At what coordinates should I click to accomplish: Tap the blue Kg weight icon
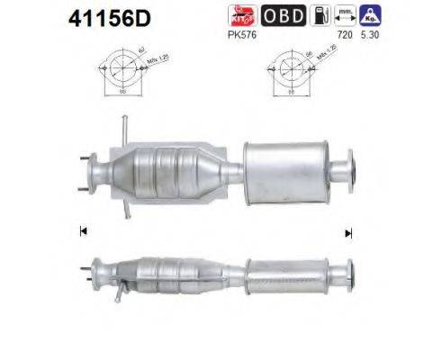click(x=368, y=16)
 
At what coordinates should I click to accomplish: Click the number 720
click(x=343, y=35)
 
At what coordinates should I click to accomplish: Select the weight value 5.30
click(x=369, y=35)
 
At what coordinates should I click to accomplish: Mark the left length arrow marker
click(x=84, y=231)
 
